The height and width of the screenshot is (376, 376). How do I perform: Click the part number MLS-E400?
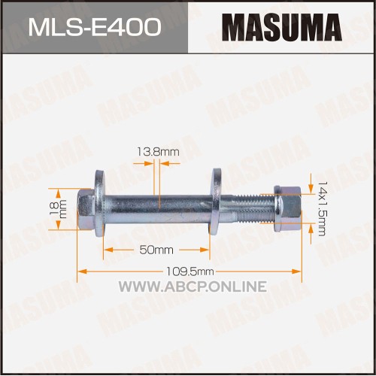95,27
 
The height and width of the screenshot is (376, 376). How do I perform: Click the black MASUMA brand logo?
282,27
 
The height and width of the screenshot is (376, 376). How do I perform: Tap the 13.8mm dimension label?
158,152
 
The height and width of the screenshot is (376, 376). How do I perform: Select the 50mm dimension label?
156,250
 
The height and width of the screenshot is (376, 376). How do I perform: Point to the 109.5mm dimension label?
190,271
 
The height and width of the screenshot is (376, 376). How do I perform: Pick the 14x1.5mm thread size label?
321,208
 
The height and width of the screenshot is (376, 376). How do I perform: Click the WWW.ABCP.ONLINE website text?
193,287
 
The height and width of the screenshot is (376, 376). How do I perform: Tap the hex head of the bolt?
86,209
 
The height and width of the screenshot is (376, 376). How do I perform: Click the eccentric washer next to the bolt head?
100,203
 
